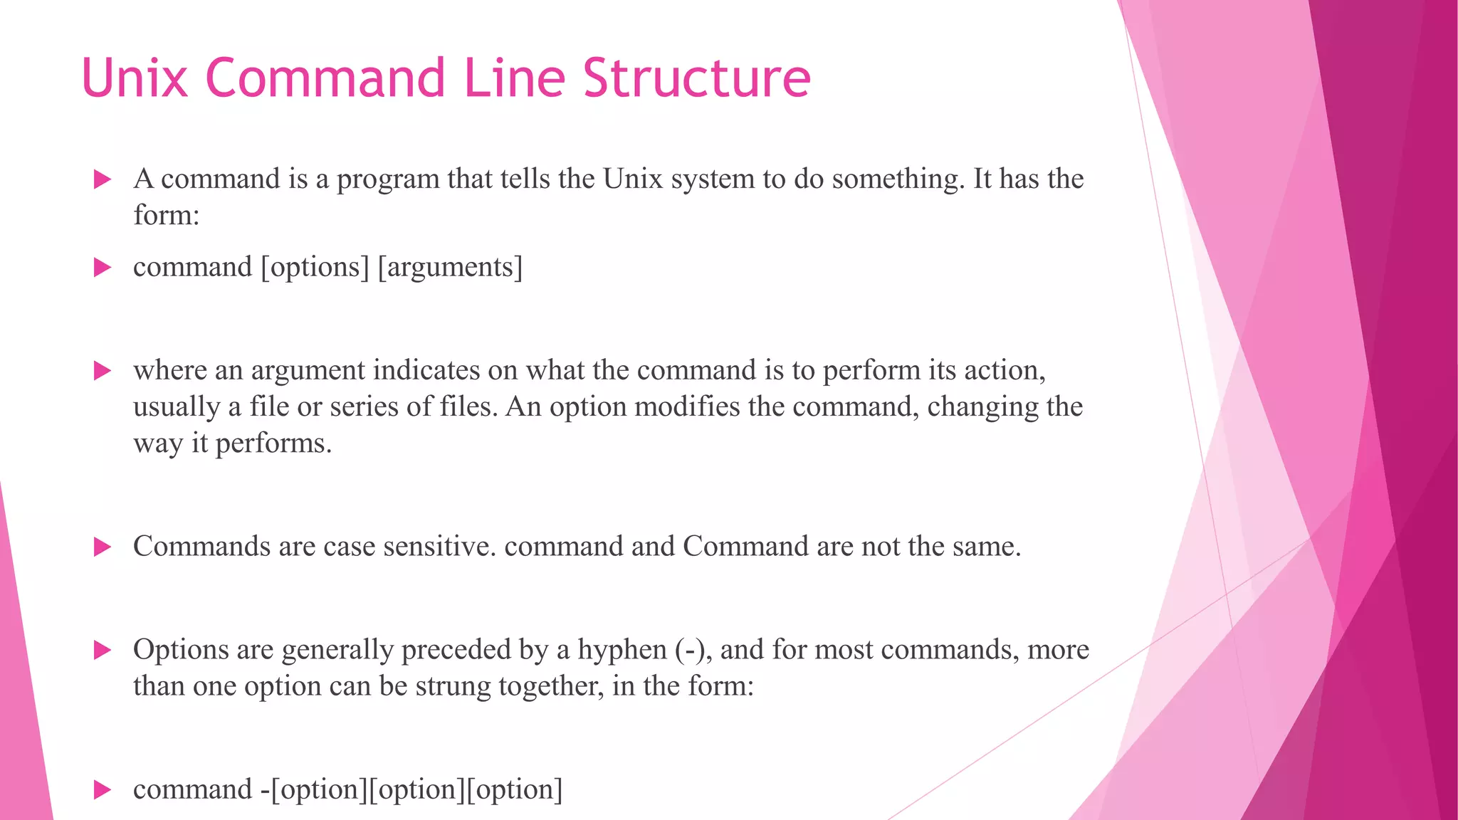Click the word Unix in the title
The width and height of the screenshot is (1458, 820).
click(x=135, y=78)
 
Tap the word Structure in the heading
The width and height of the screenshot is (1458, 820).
click(x=697, y=78)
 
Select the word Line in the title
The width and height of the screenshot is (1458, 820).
click(x=515, y=78)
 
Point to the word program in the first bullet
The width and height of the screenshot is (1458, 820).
click(x=388, y=179)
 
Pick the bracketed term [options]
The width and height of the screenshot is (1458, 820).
click(x=315, y=268)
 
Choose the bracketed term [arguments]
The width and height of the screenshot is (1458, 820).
click(x=450, y=268)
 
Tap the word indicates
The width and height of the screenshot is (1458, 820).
click(x=426, y=370)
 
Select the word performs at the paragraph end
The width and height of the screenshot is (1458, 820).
click(x=273, y=443)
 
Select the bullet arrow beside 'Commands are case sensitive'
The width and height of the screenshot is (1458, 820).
click(x=103, y=547)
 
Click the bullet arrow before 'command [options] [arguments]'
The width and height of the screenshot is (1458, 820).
click(x=103, y=268)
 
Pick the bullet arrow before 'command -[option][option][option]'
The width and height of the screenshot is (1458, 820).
click(x=103, y=789)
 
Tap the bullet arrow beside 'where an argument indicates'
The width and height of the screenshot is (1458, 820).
click(x=103, y=370)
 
